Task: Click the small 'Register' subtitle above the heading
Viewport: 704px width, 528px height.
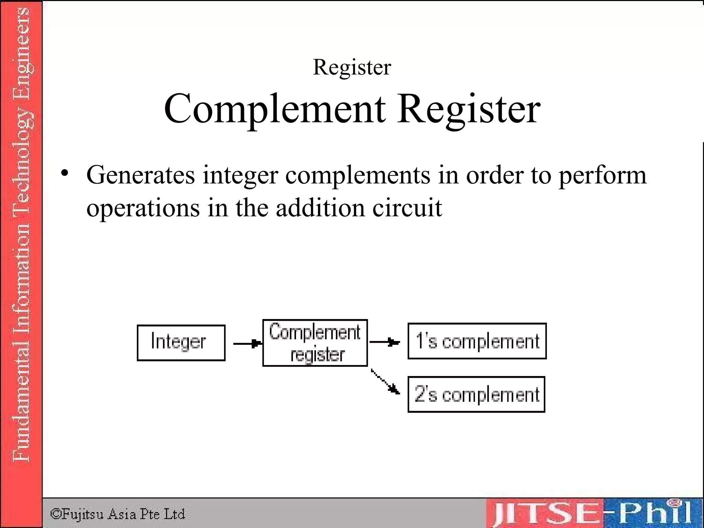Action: (x=352, y=67)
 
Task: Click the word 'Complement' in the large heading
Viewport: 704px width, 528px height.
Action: (x=274, y=109)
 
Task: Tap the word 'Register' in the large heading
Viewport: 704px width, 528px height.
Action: (x=469, y=109)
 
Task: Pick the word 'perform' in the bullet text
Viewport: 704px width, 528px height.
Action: (x=602, y=175)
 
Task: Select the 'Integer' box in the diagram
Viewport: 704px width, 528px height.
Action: (x=181, y=343)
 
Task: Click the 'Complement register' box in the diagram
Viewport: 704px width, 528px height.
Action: (x=315, y=343)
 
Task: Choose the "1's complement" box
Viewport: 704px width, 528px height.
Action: (x=477, y=341)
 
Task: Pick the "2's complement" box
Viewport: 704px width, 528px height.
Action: (x=476, y=394)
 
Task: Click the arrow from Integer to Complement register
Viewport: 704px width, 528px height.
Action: (x=247, y=343)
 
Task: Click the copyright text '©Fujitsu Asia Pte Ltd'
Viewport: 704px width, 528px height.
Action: (x=118, y=514)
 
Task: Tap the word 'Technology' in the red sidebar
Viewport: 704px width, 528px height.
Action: (x=21, y=158)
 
